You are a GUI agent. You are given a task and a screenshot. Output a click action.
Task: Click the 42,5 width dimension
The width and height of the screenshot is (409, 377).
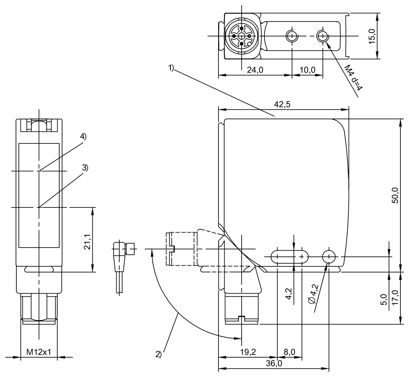[x=282, y=105]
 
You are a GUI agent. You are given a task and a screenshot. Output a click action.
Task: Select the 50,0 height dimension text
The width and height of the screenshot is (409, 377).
[x=395, y=195]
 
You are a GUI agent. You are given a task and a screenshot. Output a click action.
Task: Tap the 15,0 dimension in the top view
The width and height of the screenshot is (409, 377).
[x=372, y=36]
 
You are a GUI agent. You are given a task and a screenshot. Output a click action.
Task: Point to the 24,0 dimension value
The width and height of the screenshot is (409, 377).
[x=255, y=70]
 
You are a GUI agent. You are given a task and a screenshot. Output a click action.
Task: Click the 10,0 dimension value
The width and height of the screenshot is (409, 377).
[x=307, y=70]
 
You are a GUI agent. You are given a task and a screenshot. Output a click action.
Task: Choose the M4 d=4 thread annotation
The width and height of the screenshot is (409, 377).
[x=353, y=78]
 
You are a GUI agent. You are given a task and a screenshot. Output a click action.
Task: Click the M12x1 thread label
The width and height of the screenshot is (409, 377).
[x=39, y=352]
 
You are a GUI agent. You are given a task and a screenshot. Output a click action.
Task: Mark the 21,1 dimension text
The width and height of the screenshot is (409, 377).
[x=87, y=242]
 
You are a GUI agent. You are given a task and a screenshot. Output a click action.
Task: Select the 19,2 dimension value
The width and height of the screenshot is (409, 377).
[x=248, y=352]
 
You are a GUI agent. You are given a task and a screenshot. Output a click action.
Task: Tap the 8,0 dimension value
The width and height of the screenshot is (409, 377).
[x=289, y=352]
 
